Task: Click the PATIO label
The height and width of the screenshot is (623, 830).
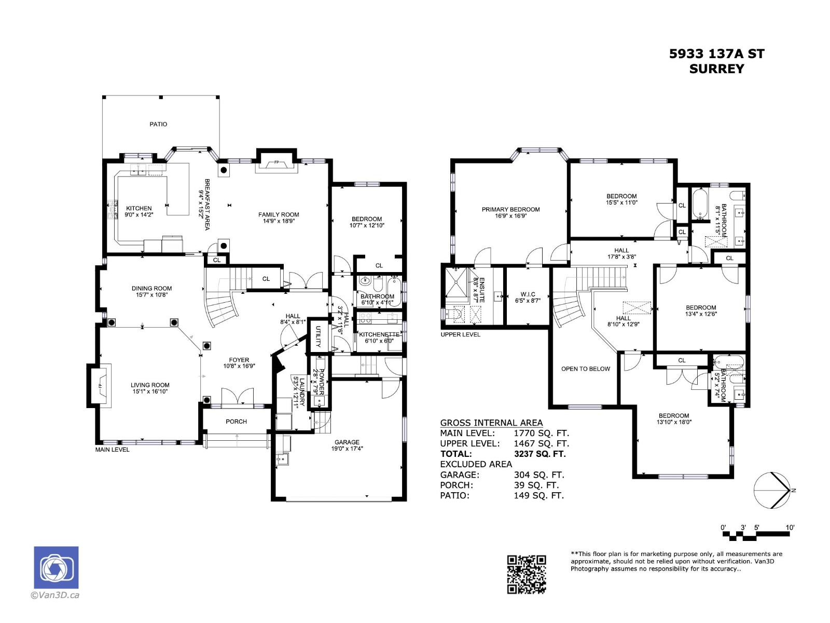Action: (158, 124)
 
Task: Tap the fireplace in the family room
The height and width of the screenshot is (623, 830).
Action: (276, 164)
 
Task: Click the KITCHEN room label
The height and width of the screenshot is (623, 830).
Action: (139, 208)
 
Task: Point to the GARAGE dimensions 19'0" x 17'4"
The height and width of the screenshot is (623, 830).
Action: (347, 449)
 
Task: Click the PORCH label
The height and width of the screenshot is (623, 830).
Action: (236, 422)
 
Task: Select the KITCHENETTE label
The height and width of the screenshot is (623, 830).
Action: (379, 334)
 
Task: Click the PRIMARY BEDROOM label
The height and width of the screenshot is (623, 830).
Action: (510, 209)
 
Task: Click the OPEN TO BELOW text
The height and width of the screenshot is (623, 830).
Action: (585, 369)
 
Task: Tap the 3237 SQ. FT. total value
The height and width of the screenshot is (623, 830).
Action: (539, 454)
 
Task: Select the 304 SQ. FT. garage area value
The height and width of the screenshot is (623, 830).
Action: (538, 475)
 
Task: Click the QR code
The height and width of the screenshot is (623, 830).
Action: (527, 574)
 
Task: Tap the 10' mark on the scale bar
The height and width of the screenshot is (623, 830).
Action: (790, 527)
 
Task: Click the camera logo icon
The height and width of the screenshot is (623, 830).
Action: (56, 567)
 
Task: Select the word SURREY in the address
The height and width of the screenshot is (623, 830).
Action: (716, 69)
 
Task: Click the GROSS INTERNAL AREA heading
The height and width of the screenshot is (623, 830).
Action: (491, 423)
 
